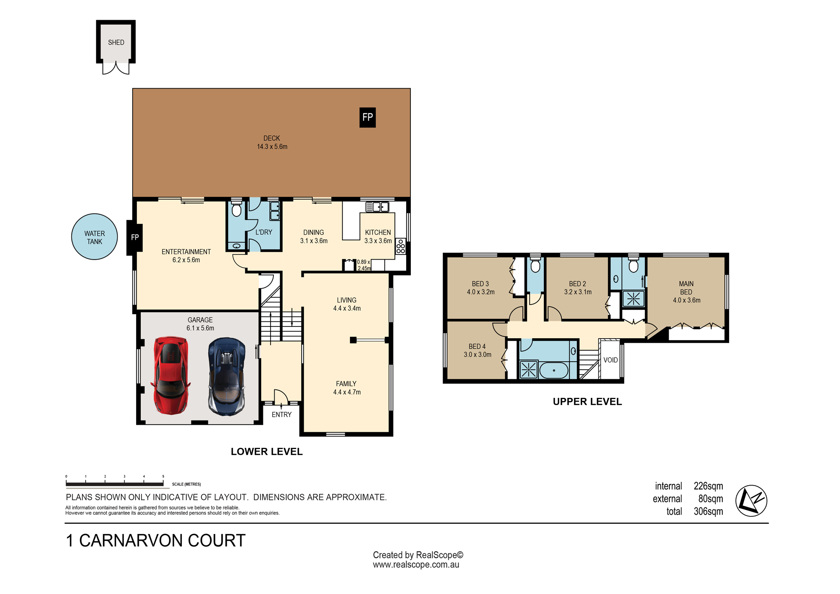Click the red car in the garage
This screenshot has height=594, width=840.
(x=171, y=375)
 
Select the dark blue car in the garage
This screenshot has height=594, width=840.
(x=227, y=377)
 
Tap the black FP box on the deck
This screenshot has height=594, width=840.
(x=367, y=118)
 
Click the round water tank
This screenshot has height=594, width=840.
(x=94, y=237)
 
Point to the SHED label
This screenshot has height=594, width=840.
(x=116, y=42)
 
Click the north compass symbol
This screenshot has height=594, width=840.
(x=751, y=501)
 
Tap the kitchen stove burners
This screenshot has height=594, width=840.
(x=401, y=246)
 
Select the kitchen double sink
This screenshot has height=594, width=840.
(x=377, y=207)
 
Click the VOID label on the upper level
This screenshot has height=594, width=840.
(x=610, y=360)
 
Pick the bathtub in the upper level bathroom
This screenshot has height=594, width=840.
(x=554, y=371)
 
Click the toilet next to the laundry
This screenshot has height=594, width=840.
(x=236, y=208)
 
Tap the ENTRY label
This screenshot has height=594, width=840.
(x=281, y=415)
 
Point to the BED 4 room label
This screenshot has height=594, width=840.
(x=477, y=347)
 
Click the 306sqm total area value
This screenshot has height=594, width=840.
(x=708, y=511)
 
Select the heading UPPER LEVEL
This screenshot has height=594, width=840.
(x=587, y=402)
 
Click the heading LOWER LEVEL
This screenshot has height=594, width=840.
(x=267, y=452)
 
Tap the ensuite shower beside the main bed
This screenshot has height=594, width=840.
(x=633, y=299)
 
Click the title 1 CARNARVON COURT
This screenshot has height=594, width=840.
(x=156, y=541)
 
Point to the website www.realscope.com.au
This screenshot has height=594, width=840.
(x=416, y=565)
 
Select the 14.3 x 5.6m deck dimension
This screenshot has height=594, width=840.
(x=272, y=147)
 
